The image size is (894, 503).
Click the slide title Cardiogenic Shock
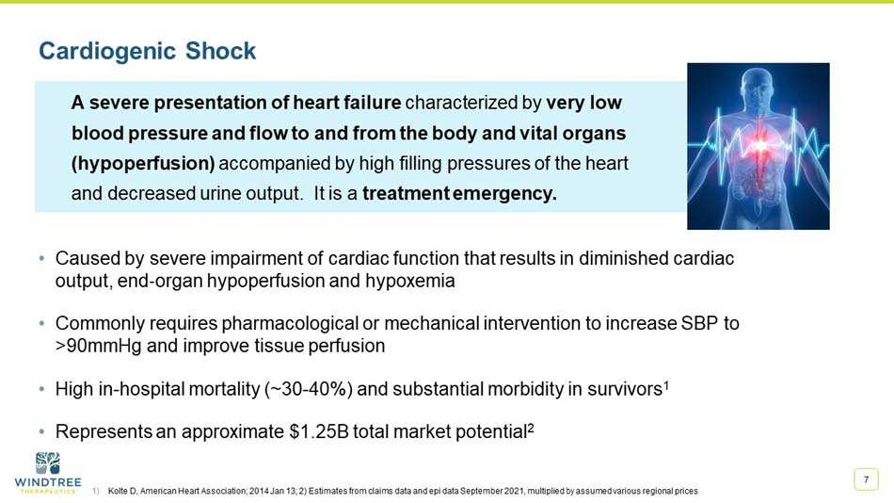point(147,51)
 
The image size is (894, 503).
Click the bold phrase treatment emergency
point(459,195)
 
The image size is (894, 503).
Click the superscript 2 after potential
point(531,427)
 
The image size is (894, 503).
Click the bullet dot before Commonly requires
point(42,324)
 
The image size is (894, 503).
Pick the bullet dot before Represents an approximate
point(42,432)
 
